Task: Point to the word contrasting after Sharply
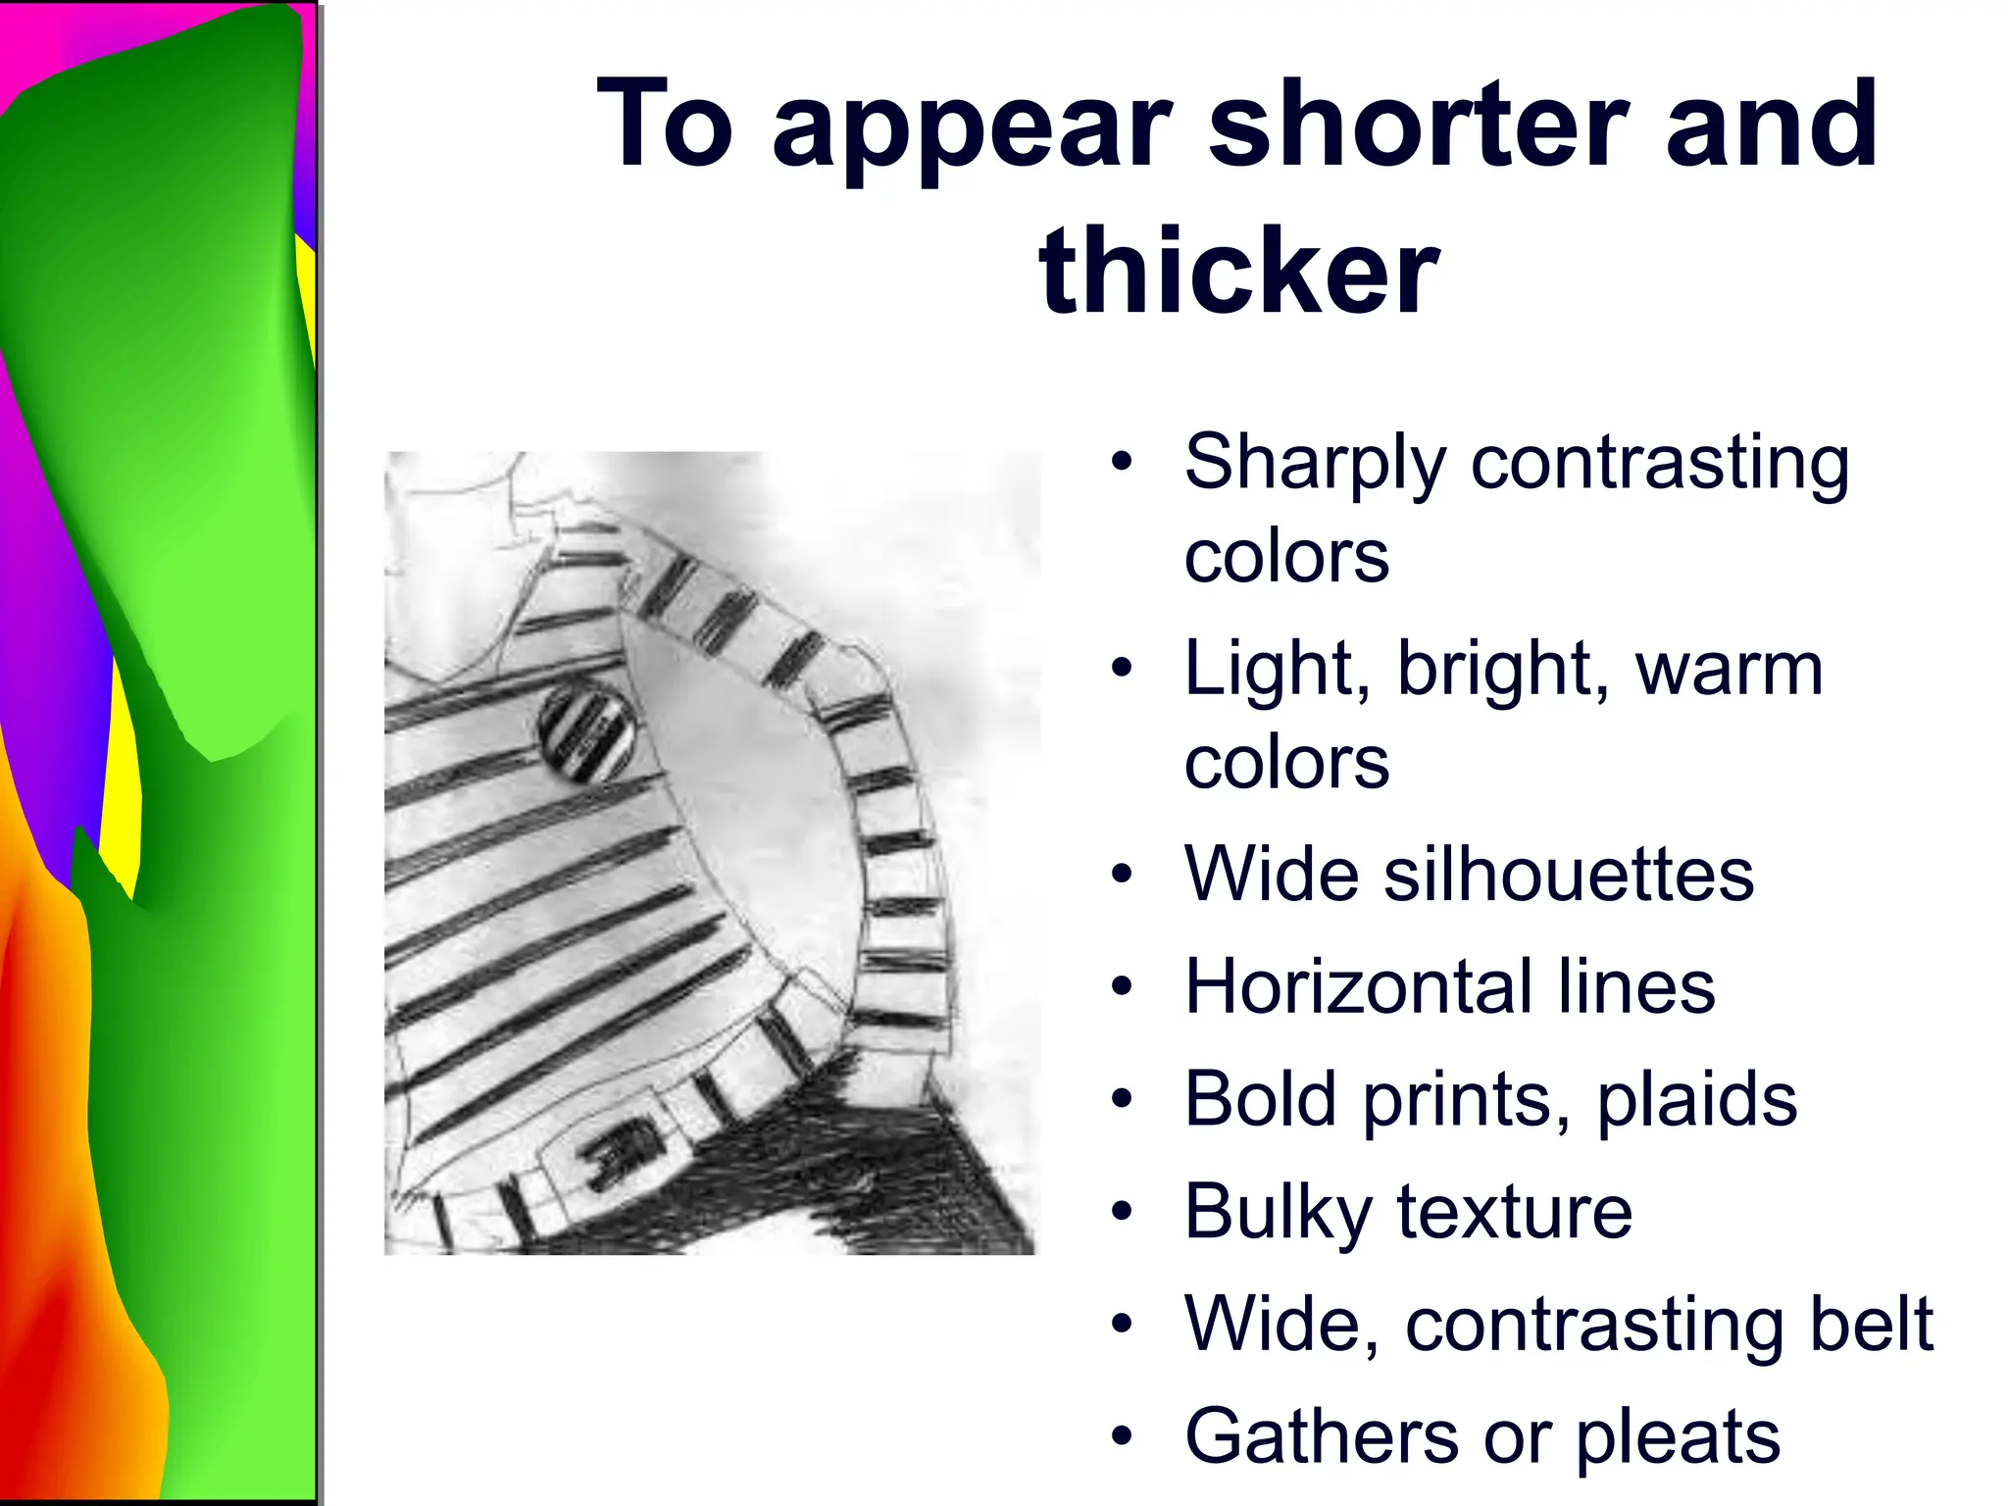coord(1660,464)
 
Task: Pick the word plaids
coord(1697,1100)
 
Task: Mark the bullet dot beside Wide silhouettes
coord(1122,873)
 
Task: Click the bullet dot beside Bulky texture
coord(1122,1212)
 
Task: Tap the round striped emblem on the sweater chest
coord(587,732)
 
